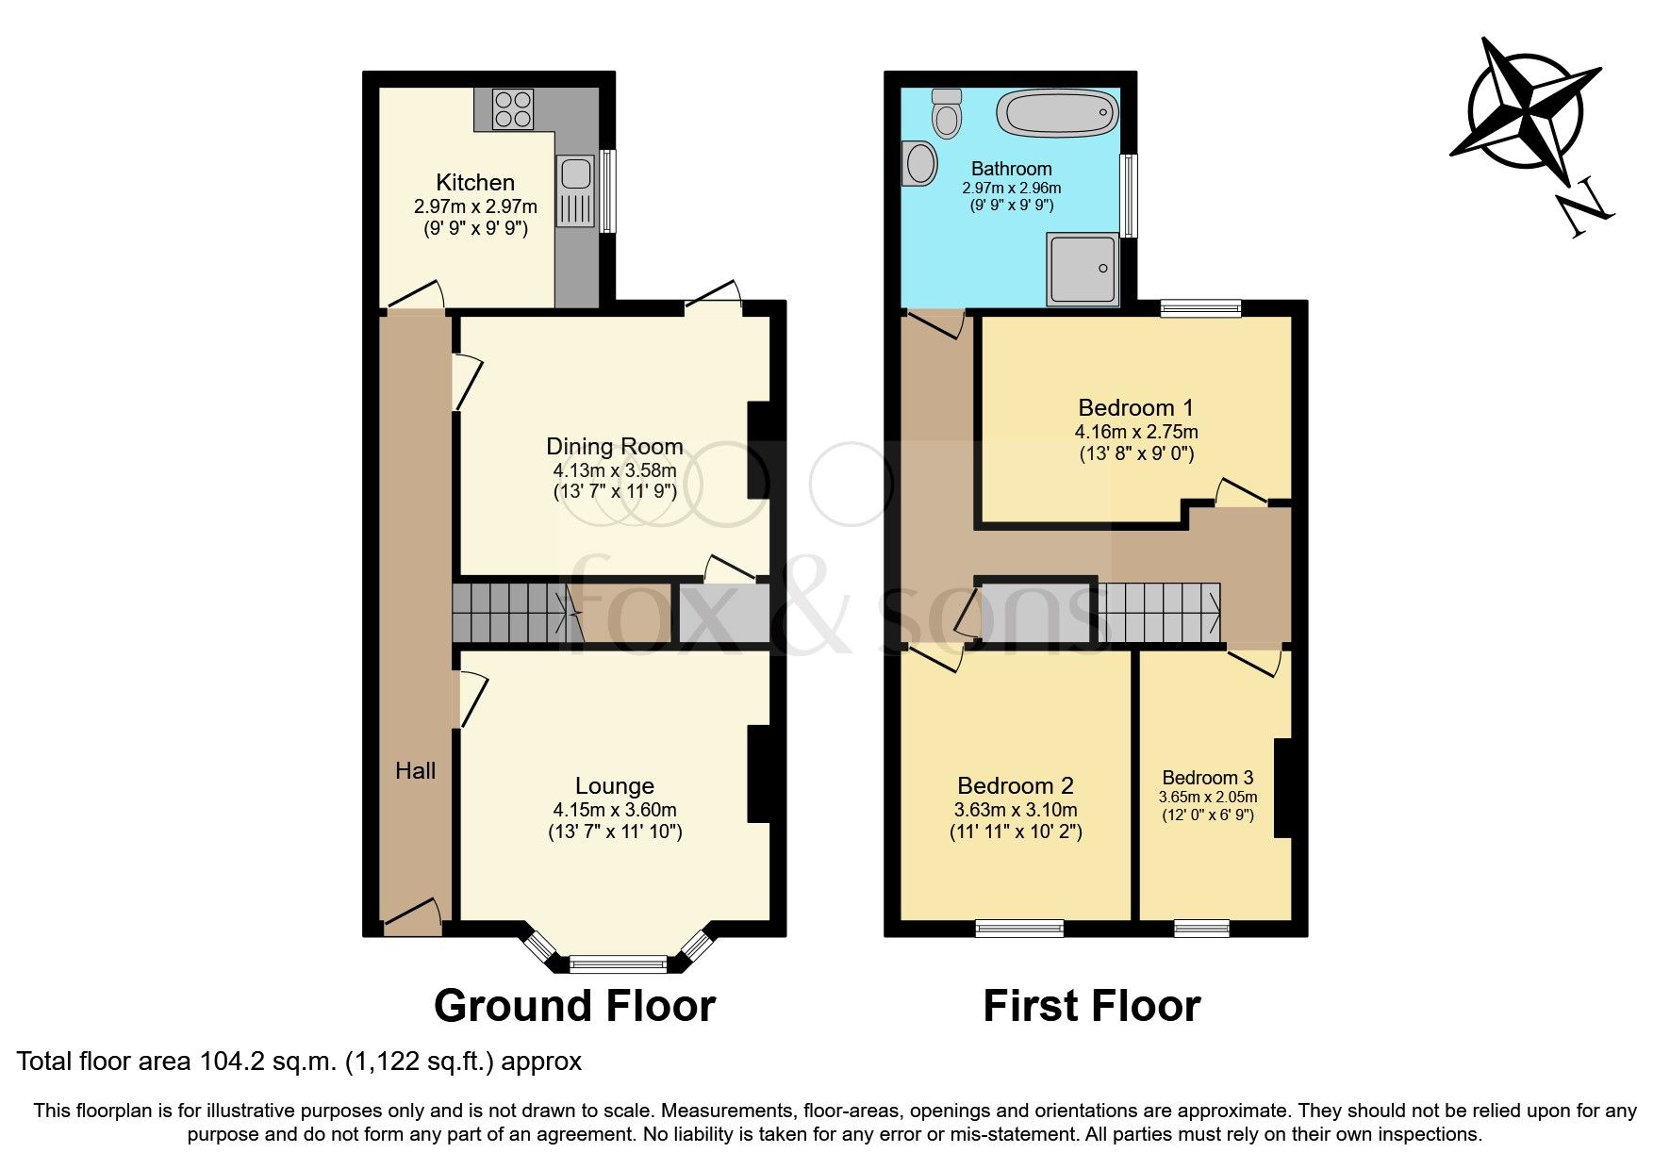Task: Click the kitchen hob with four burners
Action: click(x=512, y=108)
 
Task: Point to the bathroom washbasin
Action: click(x=919, y=164)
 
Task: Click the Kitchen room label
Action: click(x=475, y=182)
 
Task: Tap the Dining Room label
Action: click(x=615, y=446)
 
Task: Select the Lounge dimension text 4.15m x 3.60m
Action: click(x=615, y=810)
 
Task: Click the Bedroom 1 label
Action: click(x=1135, y=407)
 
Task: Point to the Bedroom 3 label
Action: click(x=1208, y=778)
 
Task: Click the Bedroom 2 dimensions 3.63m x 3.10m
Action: click(x=1016, y=810)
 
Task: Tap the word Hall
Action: click(x=415, y=771)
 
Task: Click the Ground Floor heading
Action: click(x=574, y=1006)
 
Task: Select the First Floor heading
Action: click(x=1092, y=1006)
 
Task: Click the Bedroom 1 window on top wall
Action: click(x=1200, y=308)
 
